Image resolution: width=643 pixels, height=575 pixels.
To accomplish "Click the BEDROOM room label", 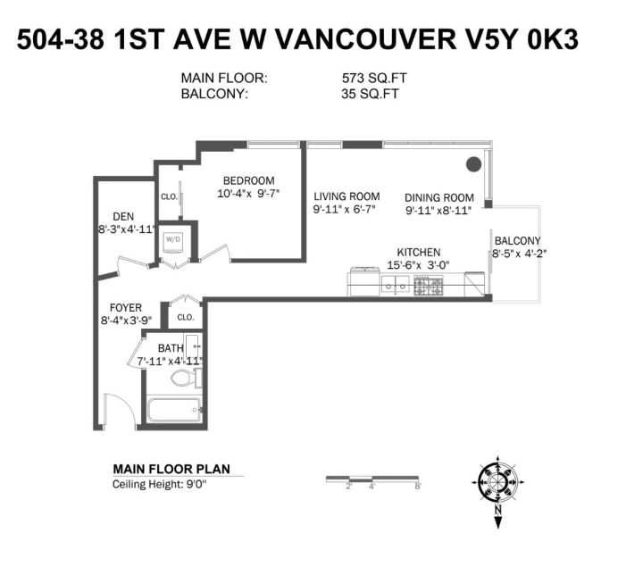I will tap(248, 180).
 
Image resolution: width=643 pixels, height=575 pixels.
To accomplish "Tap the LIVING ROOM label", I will tap(346, 196).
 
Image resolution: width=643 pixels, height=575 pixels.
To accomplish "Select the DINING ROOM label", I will tap(438, 198).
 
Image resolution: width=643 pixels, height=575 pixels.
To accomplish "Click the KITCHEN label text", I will tap(418, 253).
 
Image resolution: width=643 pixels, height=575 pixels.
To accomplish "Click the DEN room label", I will tap(123, 216).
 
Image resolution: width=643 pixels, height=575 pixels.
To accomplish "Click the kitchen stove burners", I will tap(428, 286).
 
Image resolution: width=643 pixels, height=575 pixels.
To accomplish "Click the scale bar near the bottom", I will tap(372, 479).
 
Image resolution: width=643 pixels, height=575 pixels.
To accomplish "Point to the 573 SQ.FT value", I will tap(369, 79).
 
